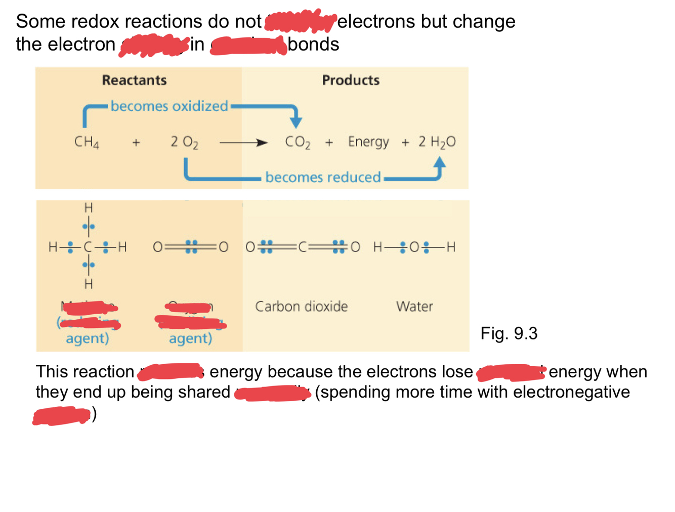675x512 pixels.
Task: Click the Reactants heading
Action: point(134,80)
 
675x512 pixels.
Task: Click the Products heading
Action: point(351,80)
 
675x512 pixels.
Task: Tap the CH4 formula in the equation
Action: point(87,142)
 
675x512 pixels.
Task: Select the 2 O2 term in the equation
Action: point(184,142)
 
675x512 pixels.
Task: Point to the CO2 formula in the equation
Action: point(298,142)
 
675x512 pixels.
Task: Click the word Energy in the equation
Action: point(368,142)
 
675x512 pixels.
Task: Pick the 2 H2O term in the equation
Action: point(437,142)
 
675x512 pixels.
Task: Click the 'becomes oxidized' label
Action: point(169,106)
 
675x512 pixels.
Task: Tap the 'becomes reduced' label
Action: point(323,177)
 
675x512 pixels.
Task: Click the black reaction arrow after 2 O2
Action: point(243,143)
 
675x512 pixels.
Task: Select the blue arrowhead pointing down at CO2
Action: point(296,121)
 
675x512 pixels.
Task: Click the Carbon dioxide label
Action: point(301,306)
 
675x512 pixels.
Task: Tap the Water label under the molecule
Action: point(414,306)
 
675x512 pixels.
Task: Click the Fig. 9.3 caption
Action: point(509,333)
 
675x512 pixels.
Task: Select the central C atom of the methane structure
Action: point(88,247)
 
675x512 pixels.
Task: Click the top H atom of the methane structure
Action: point(89,207)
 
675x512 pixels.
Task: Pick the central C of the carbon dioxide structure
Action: point(303,247)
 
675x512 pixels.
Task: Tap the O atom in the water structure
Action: point(414,247)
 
